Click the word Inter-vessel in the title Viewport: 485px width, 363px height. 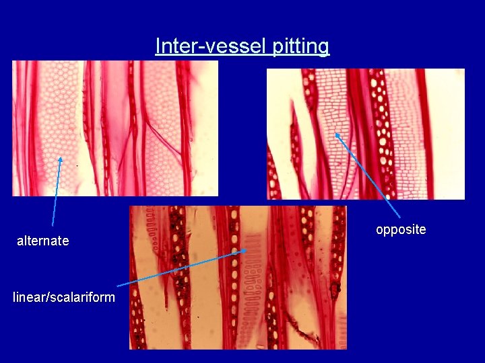(212, 46)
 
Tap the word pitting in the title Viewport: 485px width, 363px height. (301, 46)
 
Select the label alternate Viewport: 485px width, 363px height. (42, 241)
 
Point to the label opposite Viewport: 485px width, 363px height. (401, 229)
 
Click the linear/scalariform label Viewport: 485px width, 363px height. (64, 297)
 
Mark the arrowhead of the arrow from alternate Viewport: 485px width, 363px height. (61, 159)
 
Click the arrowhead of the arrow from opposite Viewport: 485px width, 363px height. (337, 134)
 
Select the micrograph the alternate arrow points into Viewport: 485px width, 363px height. (115, 128)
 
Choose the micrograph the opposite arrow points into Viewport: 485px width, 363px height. (366, 134)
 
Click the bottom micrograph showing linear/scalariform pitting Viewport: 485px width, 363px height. (238, 277)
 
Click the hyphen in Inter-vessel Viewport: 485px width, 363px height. (189, 47)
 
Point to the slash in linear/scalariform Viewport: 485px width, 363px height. (44, 297)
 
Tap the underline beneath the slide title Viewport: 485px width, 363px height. (243, 56)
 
